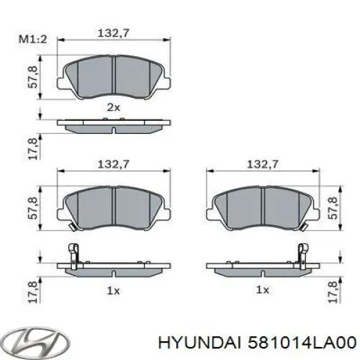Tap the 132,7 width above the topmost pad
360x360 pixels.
tap(114, 32)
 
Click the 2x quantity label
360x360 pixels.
tap(114, 107)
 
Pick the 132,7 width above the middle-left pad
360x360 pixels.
tap(114, 165)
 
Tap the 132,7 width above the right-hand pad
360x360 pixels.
tap(264, 165)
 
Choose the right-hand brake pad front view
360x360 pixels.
tap(264, 207)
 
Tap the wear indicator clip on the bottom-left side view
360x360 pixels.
tap(72, 253)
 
